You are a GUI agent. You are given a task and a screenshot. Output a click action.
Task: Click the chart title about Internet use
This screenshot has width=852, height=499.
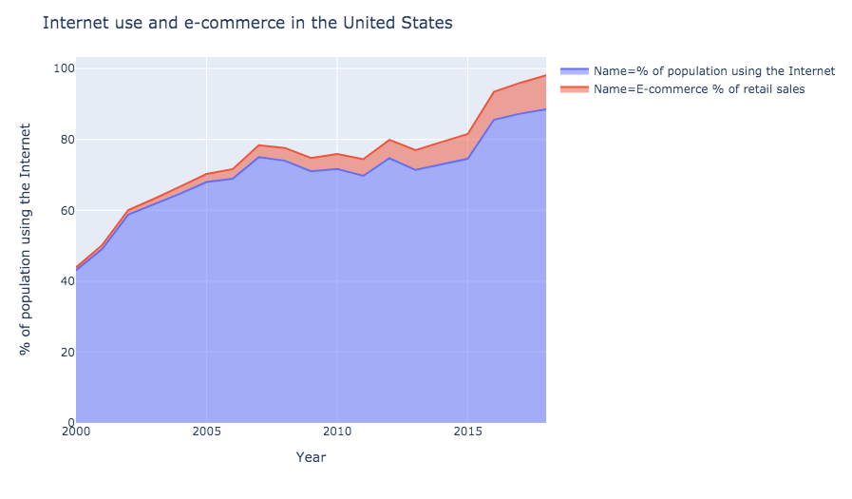(x=247, y=23)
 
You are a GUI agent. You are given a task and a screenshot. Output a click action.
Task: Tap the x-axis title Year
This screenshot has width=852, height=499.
(x=311, y=457)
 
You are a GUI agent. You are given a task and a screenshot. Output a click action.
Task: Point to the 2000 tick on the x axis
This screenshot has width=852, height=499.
(x=76, y=433)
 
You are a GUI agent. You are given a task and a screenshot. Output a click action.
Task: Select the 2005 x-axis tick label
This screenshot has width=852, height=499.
(x=206, y=433)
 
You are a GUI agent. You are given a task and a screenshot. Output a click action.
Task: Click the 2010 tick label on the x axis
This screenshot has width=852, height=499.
(x=336, y=433)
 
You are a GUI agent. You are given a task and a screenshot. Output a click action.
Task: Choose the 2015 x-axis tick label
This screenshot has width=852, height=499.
(x=467, y=433)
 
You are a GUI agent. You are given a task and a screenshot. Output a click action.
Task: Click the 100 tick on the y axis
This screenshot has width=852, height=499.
(x=61, y=68)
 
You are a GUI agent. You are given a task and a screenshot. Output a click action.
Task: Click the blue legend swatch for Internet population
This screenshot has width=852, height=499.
(x=575, y=71)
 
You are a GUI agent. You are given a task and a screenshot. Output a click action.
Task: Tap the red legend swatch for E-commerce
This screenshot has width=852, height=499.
(x=575, y=89)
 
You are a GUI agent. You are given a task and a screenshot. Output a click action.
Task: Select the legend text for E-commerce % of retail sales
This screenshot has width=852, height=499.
(x=699, y=89)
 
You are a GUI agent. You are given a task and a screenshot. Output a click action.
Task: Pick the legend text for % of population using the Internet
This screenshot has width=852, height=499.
(x=713, y=71)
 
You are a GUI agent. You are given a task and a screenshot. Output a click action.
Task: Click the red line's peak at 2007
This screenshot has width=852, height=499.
(x=258, y=145)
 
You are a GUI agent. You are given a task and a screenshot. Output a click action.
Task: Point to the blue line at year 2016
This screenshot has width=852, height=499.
(x=494, y=120)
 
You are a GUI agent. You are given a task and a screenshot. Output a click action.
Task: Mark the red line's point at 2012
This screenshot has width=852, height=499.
(x=389, y=140)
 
